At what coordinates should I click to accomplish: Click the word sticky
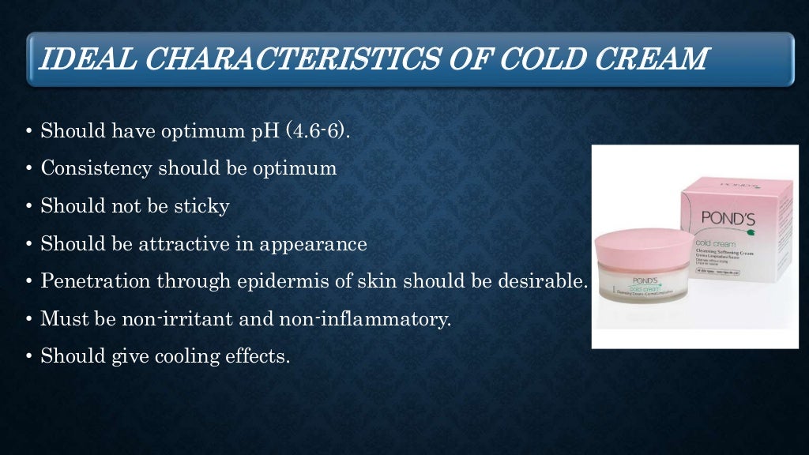coord(203,206)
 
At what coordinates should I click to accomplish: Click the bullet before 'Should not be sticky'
coord(29,207)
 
